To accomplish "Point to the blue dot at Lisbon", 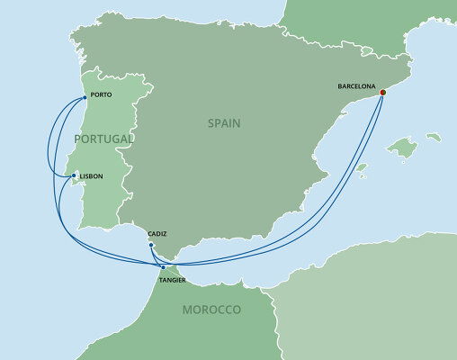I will click(74, 176).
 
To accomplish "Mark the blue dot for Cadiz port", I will click(151, 245).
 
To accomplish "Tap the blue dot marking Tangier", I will click(162, 267).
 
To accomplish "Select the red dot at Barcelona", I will click(381, 92).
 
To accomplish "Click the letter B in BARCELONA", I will click(340, 87).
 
